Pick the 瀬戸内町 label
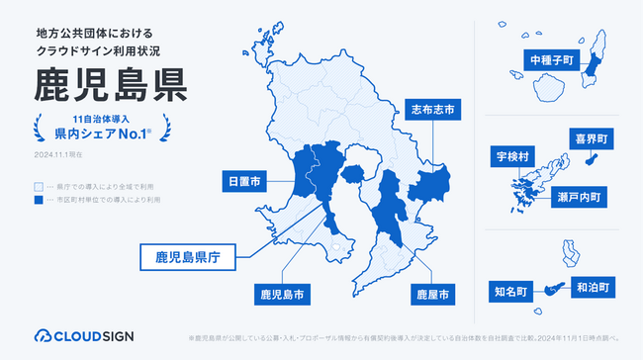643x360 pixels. (583, 198)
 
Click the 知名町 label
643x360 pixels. (513, 291)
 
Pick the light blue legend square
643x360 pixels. (39, 185)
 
